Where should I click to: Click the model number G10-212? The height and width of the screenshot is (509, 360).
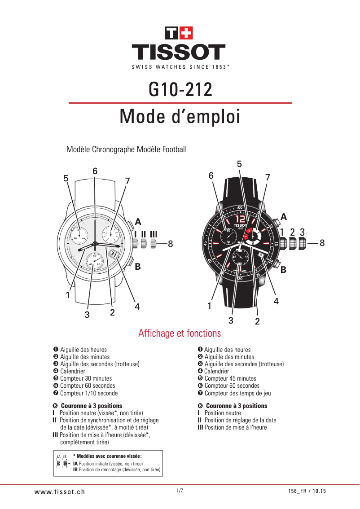(x=180, y=90)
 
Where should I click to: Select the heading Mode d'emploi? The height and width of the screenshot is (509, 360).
(x=180, y=117)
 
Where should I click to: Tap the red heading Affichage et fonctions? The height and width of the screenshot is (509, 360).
(x=180, y=333)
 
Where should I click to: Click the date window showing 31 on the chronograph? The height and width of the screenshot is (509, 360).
(x=113, y=254)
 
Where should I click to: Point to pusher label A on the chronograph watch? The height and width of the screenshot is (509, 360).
(x=138, y=222)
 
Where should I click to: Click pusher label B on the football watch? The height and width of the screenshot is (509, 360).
(x=283, y=270)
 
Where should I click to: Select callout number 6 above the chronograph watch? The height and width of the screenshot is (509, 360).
(x=95, y=171)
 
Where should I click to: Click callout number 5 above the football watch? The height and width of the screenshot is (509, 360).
(x=239, y=164)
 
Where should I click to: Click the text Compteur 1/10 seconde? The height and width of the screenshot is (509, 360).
(x=89, y=393)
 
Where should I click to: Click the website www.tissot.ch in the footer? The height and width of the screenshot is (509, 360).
(x=60, y=491)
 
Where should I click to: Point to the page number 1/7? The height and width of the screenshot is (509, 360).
(x=180, y=491)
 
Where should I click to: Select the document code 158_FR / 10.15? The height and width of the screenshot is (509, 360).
(x=307, y=491)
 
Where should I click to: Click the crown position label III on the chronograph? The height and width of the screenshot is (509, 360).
(x=154, y=234)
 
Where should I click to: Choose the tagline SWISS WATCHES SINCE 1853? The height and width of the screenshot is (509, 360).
(x=180, y=67)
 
